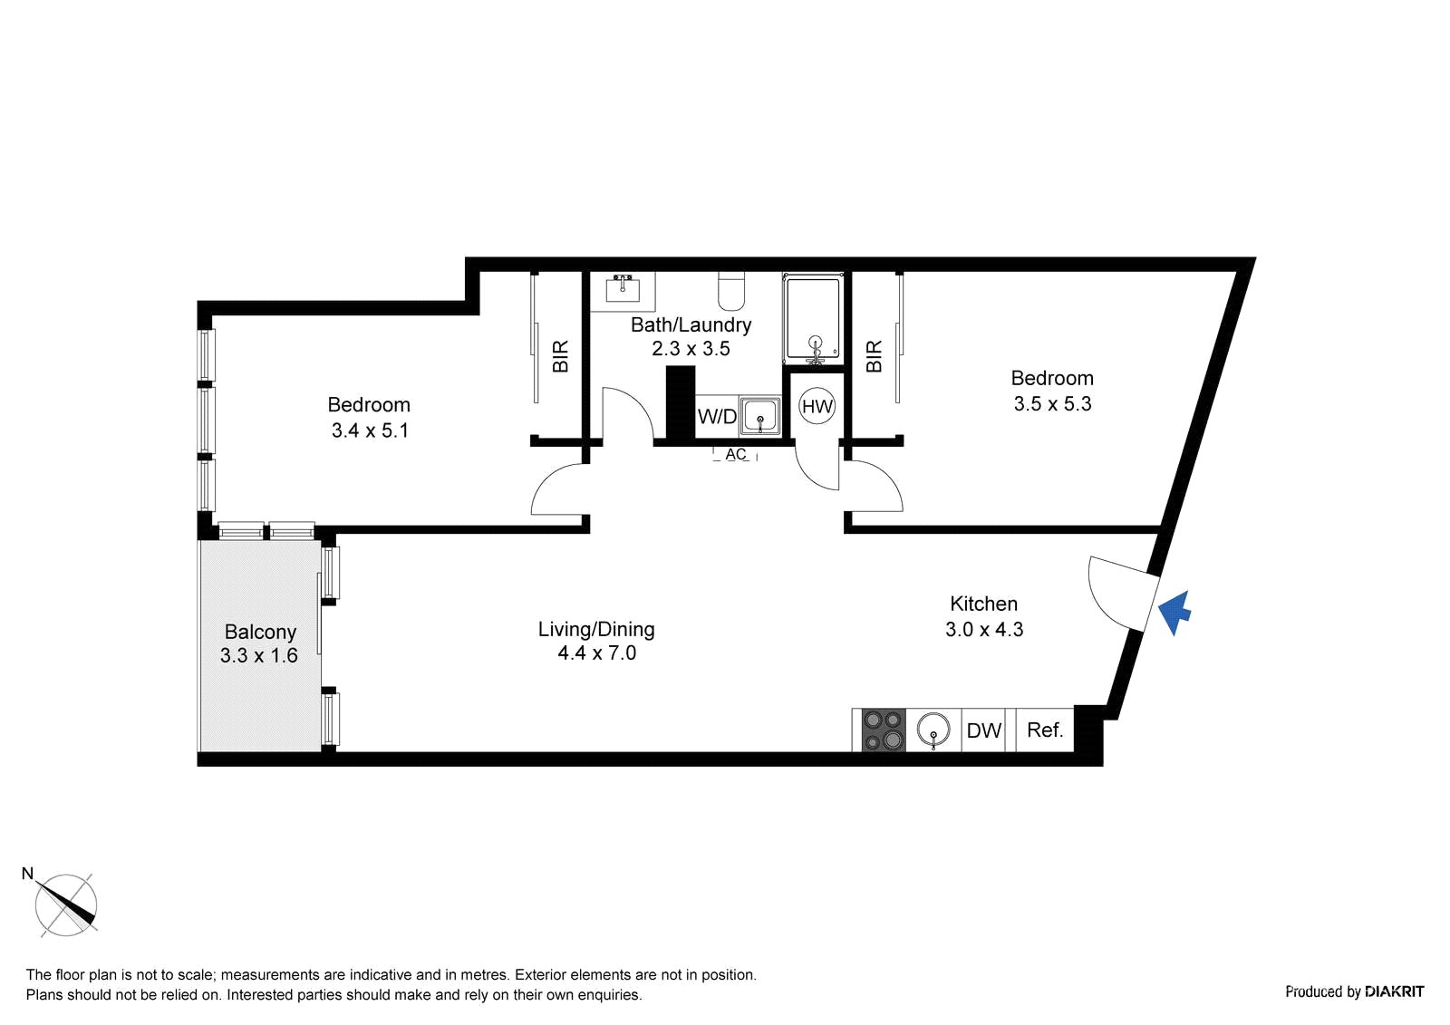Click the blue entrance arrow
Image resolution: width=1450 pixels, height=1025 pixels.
(1174, 613)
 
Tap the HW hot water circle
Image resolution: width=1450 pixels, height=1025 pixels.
(817, 406)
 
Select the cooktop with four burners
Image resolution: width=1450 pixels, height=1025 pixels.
(884, 730)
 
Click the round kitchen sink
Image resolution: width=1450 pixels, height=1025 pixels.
(933, 730)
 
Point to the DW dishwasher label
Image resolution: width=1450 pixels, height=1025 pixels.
(984, 730)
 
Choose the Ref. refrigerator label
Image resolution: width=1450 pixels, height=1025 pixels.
(1045, 730)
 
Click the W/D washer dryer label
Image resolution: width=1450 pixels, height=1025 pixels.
(717, 416)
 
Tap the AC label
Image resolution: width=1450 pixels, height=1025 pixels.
(735, 455)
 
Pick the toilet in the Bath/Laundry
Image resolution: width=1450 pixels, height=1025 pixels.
(731, 291)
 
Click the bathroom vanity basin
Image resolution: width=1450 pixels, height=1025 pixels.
(623, 289)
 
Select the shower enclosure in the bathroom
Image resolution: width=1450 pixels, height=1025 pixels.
(813, 319)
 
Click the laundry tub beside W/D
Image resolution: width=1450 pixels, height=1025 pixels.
(760, 415)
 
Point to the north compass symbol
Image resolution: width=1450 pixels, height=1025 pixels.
(65, 904)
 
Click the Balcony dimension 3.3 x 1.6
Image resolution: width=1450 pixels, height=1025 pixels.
(259, 655)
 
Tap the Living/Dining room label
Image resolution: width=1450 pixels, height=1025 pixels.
(596, 629)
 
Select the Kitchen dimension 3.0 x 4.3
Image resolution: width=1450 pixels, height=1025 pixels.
(984, 629)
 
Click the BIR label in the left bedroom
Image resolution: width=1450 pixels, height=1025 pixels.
(561, 356)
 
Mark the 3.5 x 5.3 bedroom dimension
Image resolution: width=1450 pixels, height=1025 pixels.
(1052, 404)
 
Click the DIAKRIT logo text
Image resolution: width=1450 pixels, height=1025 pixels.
(1395, 991)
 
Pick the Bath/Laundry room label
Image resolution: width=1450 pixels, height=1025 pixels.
(691, 325)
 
